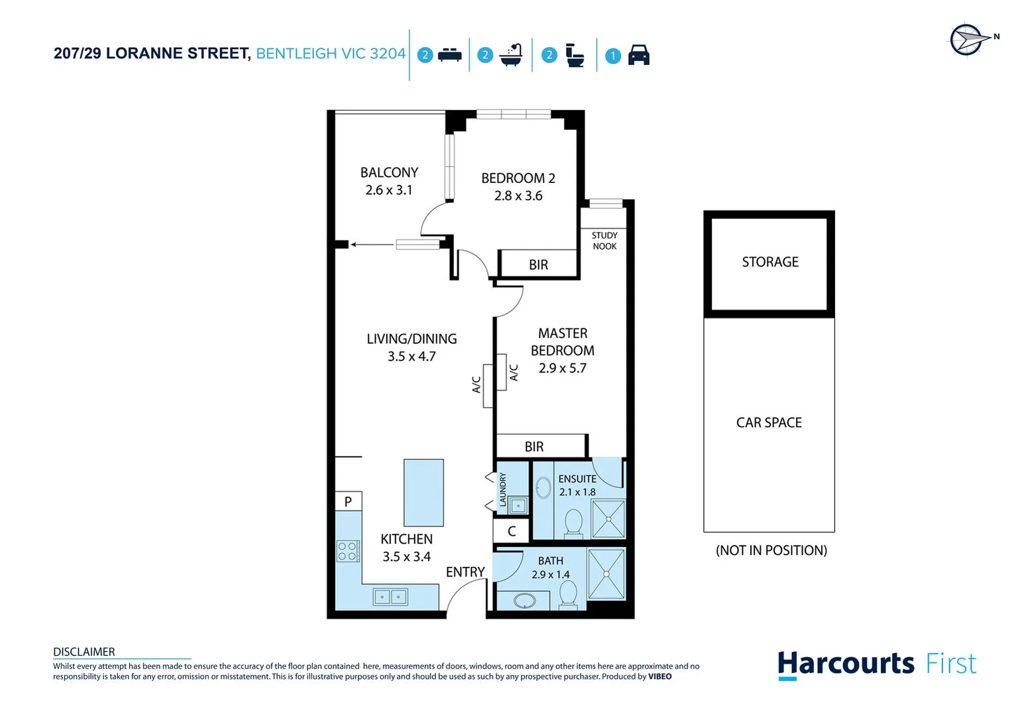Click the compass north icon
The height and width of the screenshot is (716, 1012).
967,40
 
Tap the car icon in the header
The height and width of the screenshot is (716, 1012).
638,55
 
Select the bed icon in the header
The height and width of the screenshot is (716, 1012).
449,55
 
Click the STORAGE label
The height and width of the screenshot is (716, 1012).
769,262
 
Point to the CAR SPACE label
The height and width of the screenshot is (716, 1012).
769,423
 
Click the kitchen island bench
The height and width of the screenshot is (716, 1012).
423,493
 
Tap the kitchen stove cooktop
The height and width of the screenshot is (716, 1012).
348,551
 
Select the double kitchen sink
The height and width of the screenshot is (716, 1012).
390,597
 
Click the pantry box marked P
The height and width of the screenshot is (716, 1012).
348,502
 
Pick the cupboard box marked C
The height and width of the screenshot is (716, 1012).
512,531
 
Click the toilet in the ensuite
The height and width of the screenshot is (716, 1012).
573,522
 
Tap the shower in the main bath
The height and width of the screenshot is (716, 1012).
606,574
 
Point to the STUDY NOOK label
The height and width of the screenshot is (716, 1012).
604,241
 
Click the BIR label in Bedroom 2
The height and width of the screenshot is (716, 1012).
538,265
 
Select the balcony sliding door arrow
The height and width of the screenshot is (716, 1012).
372,245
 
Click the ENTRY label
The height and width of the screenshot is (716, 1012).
465,572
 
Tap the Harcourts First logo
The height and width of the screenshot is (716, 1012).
876,664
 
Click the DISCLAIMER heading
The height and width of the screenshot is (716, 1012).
84,652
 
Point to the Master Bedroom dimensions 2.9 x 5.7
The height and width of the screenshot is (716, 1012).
562,368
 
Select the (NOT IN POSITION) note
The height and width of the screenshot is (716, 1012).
771,550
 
